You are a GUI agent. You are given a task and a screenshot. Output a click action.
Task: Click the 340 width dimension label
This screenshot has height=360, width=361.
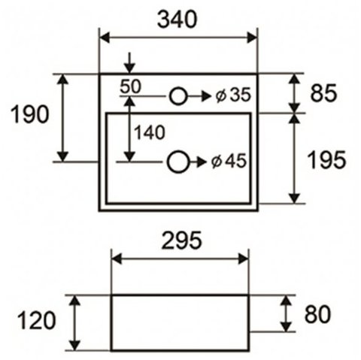[x=177, y=20]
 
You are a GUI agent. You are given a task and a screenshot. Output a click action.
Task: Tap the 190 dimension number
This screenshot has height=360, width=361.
[x=30, y=114]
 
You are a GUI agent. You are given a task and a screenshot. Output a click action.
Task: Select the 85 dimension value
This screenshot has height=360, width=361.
[x=323, y=93]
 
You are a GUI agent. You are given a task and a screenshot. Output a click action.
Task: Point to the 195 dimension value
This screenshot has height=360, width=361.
[x=326, y=160]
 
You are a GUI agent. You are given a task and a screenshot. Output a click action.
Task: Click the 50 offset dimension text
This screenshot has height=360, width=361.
[x=131, y=86]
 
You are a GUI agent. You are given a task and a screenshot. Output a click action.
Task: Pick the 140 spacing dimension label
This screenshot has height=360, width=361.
[x=150, y=132]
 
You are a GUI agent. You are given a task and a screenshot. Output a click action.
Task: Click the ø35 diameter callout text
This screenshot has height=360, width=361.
[x=233, y=95]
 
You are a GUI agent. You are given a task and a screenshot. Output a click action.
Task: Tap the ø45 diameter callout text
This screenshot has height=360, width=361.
[x=229, y=161]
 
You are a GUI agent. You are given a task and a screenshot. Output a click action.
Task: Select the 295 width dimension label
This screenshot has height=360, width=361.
[x=181, y=241]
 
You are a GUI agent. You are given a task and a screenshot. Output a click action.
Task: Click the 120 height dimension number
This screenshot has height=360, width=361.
[x=36, y=320]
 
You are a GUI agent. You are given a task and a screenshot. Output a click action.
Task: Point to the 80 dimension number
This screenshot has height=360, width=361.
[x=317, y=314]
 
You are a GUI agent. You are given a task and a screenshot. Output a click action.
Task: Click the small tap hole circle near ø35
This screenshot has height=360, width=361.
[x=178, y=96]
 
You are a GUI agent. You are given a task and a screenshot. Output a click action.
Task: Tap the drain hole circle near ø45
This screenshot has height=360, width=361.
[x=178, y=162]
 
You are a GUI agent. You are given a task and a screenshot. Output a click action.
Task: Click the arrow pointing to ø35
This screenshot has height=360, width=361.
[x=199, y=96]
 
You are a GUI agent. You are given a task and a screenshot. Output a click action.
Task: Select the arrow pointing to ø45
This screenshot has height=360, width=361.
[x=198, y=162]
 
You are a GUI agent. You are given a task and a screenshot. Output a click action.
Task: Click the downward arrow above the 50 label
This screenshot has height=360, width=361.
[x=129, y=63]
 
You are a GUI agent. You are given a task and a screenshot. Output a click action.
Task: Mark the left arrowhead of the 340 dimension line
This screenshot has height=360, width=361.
[x=105, y=38]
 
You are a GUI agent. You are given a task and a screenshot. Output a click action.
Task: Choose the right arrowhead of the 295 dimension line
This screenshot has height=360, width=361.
[x=243, y=259]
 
